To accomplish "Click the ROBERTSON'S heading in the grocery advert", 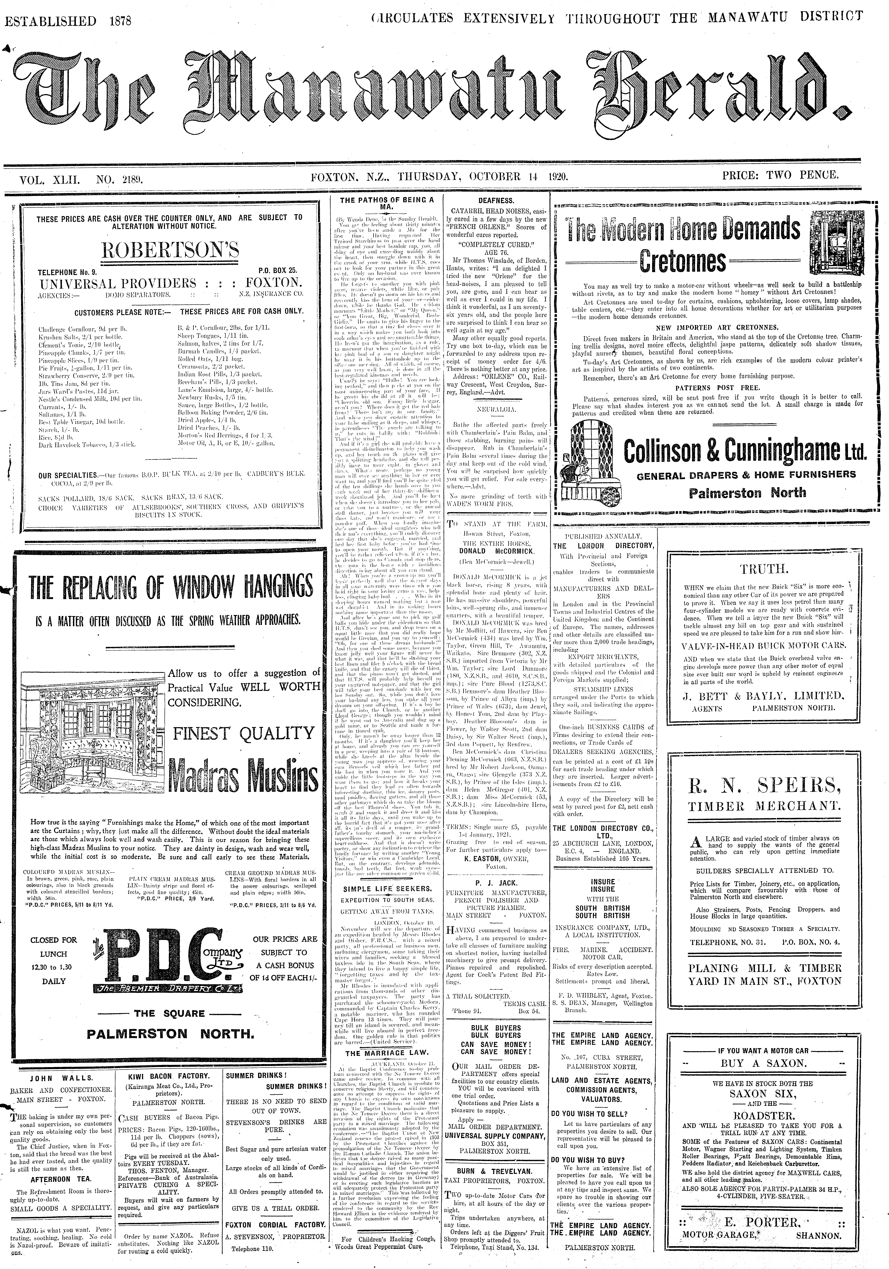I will (170, 250).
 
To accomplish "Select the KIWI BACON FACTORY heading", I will (169, 1076).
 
